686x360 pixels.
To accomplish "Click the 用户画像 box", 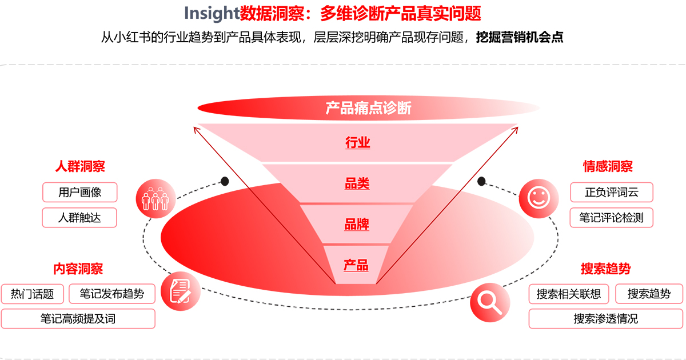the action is [80, 192].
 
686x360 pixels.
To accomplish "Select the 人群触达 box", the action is [79, 218].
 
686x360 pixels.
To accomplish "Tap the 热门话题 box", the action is [33, 294].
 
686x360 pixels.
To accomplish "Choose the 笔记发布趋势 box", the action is [112, 294].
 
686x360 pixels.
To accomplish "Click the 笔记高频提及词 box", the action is [78, 319].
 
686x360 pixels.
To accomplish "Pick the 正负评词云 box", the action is [612, 192].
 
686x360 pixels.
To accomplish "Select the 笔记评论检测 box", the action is [611, 218].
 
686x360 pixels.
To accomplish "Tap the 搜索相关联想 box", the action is [569, 294].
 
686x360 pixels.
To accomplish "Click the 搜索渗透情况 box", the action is [606, 319].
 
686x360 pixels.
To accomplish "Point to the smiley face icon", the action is [539, 198].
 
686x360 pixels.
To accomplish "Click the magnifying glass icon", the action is [490, 302].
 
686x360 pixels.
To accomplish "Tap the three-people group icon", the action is [155, 198].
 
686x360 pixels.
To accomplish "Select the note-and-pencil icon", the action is [181, 291].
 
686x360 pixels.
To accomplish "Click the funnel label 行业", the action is [358, 143].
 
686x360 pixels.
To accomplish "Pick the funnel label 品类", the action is [357, 183].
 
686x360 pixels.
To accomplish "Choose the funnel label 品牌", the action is [357, 225].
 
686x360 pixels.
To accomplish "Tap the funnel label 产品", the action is [356, 265].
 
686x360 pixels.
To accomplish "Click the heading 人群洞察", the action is [80, 166].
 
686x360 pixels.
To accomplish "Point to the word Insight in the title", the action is [212, 14].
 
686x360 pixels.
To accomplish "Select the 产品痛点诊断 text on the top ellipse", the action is [368, 108].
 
